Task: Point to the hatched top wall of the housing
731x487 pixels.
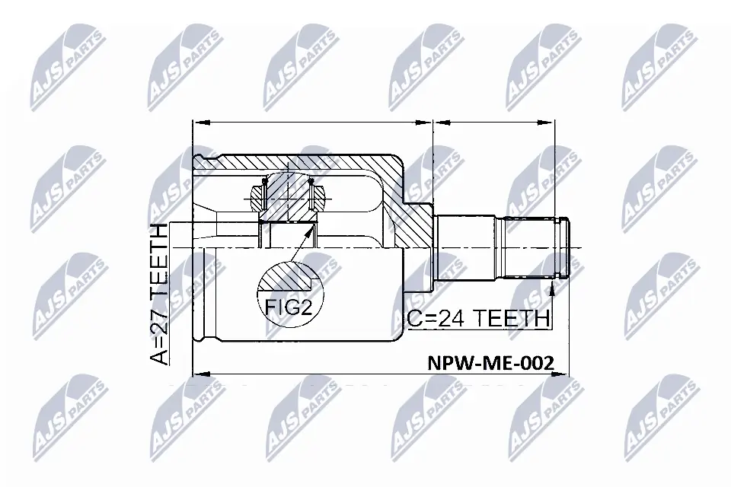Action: (305, 161)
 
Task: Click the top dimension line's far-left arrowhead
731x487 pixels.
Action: (197, 121)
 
